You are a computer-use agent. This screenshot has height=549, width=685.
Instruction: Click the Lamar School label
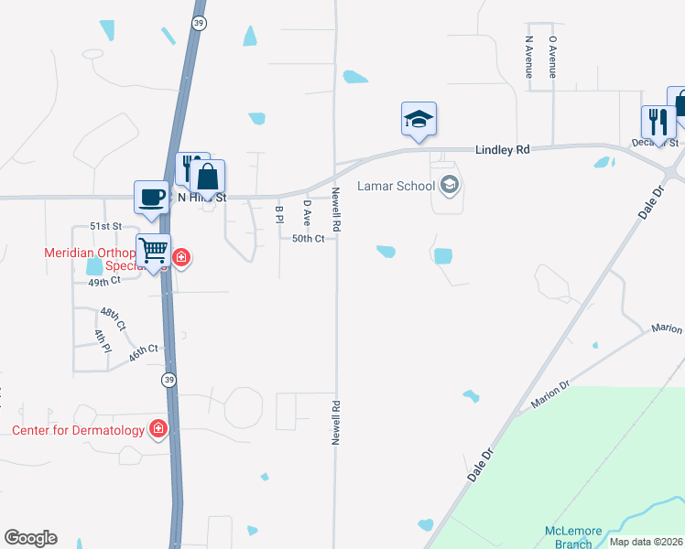coord(396,186)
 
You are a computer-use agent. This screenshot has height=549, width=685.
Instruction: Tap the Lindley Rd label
coord(502,148)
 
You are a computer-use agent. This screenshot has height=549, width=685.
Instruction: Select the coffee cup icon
coord(151,196)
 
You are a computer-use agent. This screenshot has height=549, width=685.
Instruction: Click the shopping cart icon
coord(154,248)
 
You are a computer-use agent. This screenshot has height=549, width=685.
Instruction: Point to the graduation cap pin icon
coord(419,119)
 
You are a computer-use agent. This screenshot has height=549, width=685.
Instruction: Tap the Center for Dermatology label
coord(78,430)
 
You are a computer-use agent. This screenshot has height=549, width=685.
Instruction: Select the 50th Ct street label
coord(309,238)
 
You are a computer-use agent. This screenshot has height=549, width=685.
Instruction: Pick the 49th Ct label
coord(104,283)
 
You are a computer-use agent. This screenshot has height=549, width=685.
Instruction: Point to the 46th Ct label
coord(144,352)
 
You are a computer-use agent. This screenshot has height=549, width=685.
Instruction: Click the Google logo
coord(30,538)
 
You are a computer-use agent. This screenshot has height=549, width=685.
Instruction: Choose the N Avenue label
coord(529,57)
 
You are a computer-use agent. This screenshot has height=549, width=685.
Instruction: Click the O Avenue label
coord(552,57)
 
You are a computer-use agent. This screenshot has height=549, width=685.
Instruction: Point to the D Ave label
coord(308,213)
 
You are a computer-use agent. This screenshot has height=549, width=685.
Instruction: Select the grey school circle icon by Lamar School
coord(449,186)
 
